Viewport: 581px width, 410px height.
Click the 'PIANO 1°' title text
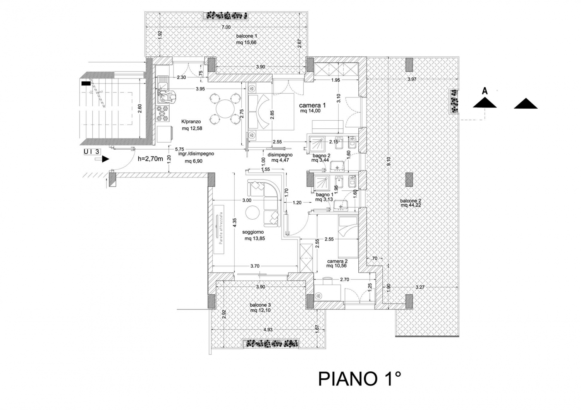359,379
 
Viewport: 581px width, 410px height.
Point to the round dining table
223,108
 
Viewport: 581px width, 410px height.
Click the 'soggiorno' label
253,232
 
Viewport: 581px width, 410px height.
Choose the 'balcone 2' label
411,201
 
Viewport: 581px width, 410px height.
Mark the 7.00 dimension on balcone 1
226,27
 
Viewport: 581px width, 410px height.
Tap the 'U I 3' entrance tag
91,151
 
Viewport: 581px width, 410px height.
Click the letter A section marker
484,91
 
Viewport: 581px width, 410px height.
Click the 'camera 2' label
337,261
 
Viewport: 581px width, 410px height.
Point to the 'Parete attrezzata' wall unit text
221,228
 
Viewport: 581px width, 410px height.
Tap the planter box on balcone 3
271,344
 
